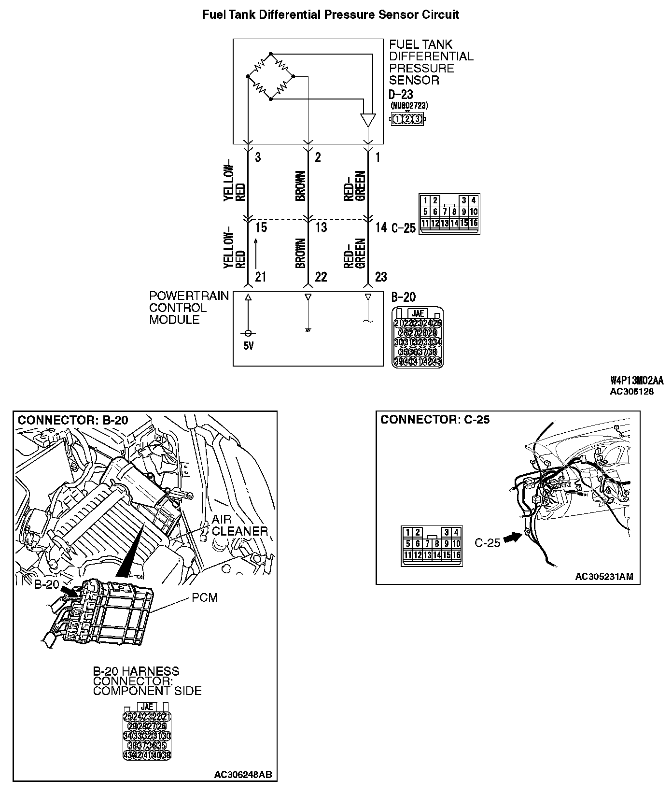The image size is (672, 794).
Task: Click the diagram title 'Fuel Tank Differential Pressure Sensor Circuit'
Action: [330, 15]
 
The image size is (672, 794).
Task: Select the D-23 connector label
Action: [401, 94]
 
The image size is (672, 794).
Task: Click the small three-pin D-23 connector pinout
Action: [407, 119]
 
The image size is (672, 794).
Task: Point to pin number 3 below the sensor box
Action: [258, 157]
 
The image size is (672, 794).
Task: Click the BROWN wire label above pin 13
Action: [300, 186]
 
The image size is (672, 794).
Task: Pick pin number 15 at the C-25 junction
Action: [261, 227]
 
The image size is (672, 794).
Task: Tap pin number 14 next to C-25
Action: [381, 227]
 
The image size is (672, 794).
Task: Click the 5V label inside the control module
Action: [248, 346]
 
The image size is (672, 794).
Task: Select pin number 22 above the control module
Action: [321, 277]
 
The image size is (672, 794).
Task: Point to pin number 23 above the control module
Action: [381, 277]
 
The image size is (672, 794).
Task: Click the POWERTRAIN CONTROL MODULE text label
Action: [189, 308]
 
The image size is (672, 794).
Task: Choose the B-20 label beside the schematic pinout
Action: [403, 297]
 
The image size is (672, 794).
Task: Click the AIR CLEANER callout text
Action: [239, 525]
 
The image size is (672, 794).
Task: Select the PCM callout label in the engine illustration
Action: [205, 597]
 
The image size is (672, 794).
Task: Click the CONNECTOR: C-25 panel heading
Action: [435, 420]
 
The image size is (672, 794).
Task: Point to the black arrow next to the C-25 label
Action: [513, 539]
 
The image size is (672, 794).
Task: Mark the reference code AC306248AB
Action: [243, 775]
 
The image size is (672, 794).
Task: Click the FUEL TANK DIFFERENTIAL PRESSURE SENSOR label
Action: [431, 62]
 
